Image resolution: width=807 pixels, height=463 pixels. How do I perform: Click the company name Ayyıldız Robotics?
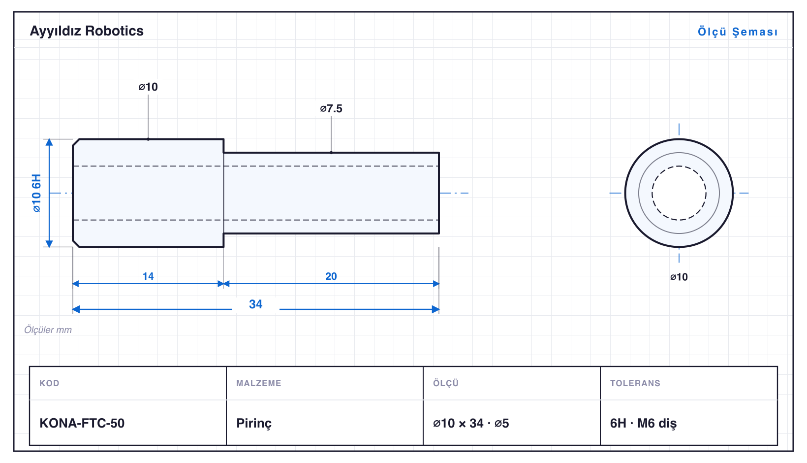(87, 31)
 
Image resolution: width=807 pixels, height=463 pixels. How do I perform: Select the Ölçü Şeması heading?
(738, 32)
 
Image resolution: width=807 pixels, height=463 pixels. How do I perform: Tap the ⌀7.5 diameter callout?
(331, 108)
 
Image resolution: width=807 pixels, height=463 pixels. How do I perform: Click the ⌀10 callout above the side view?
(148, 87)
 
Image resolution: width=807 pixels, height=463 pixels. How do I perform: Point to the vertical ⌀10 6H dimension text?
(36, 193)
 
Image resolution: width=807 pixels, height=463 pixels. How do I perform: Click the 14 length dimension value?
(148, 276)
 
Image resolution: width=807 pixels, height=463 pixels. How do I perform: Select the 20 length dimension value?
(331, 276)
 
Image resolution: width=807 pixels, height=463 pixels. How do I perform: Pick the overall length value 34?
(256, 304)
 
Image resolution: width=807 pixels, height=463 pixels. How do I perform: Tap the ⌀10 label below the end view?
(679, 277)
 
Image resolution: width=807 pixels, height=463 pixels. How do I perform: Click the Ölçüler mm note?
(48, 330)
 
